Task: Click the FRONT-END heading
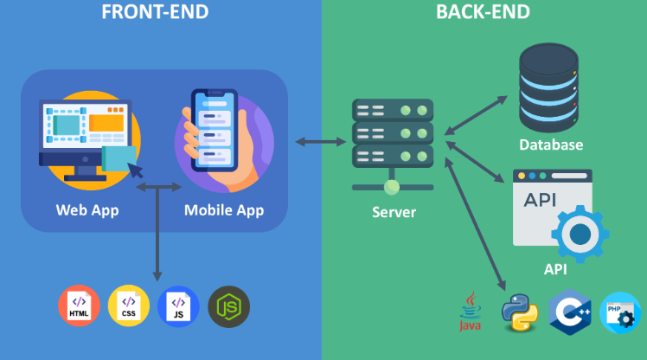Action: coord(155,12)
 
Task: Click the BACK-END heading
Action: coord(483,12)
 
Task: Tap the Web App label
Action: coord(87,209)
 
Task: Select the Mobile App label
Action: coord(224,209)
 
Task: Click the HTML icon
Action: coord(79,305)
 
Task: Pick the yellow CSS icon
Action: coord(128,305)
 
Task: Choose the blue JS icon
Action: coord(179,305)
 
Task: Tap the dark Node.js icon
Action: coord(228,305)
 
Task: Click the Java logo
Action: coord(470,313)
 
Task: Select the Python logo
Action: coord(520,312)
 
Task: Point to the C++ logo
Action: coord(570,312)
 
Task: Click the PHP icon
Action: coord(621,312)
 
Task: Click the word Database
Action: coord(551,145)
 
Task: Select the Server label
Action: coord(394,212)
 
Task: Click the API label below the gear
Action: coord(555,269)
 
